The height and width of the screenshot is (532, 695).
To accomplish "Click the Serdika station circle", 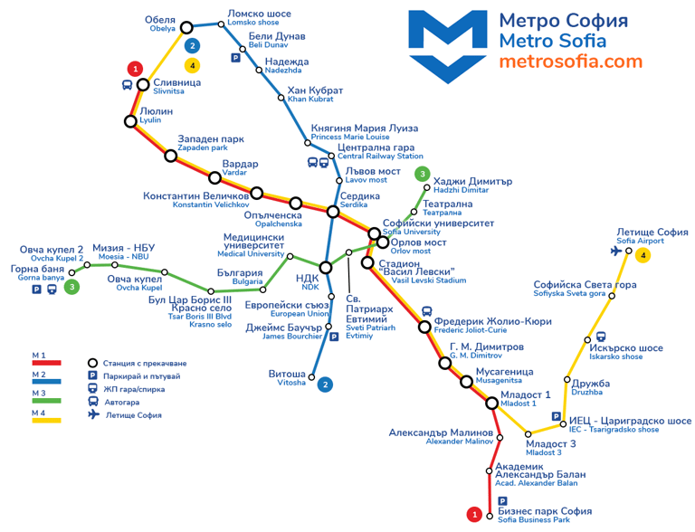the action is tap(333, 212).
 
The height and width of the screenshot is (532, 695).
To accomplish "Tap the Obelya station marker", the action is tap(187, 27).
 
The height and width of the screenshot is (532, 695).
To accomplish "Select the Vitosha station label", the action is tap(287, 377).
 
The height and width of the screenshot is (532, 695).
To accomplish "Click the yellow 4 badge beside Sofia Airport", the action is tap(643, 256).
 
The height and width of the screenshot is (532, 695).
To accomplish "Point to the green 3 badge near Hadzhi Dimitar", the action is tap(422, 174).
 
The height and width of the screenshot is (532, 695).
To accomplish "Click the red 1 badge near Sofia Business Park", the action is tap(473, 515).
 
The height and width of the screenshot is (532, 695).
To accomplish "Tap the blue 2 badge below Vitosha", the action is tap(325, 385).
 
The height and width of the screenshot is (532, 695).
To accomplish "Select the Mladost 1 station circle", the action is tap(492, 404).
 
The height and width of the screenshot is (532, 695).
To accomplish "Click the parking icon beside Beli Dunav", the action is tap(236, 57).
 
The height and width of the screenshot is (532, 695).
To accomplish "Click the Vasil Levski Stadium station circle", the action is tap(367, 263).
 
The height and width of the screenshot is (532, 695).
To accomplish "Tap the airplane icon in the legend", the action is tap(92, 415).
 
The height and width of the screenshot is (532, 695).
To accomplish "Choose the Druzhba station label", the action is tap(590, 387).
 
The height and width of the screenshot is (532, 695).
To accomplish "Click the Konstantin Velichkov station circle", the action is tap(257, 193).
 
